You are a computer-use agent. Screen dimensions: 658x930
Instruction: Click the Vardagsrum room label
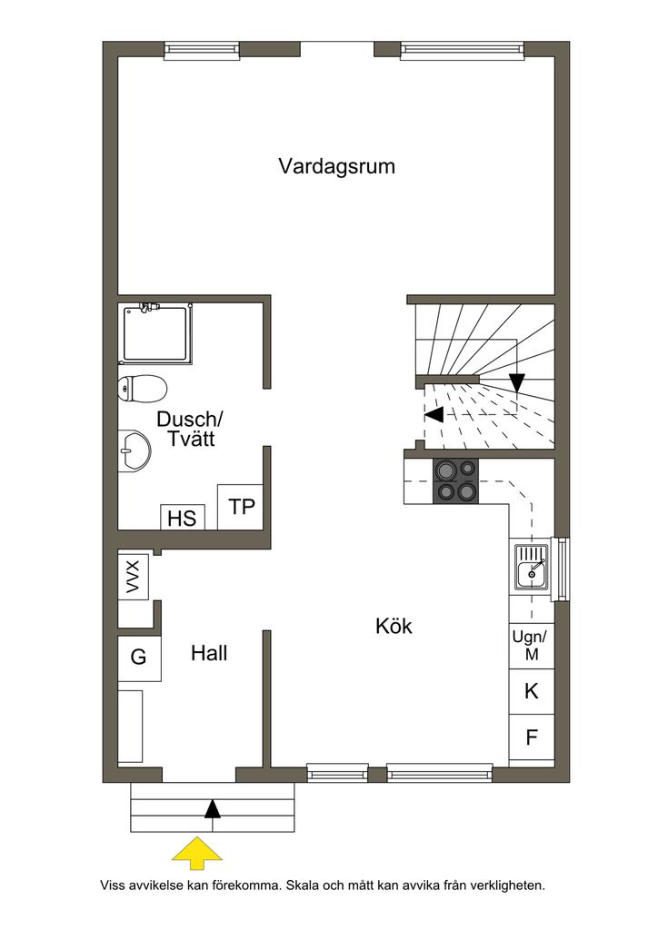point(337,167)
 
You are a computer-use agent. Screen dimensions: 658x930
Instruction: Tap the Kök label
point(394,626)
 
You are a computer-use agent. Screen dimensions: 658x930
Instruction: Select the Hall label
point(209,653)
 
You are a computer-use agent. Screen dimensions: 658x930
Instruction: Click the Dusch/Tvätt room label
point(189,429)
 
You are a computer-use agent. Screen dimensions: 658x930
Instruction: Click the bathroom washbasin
point(135,451)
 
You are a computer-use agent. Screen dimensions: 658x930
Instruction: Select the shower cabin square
point(156,333)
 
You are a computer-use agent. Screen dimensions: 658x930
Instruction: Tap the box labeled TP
point(240,507)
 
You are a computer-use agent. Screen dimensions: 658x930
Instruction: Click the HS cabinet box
point(182,518)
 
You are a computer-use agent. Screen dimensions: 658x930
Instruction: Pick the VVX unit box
point(133,576)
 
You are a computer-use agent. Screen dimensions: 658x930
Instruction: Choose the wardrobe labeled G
point(139,658)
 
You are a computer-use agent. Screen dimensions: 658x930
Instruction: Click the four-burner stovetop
point(455,481)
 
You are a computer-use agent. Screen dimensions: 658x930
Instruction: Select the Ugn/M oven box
point(532,646)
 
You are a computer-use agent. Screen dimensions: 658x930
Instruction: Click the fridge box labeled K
point(532,691)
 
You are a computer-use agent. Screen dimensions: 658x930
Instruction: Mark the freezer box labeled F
point(532,737)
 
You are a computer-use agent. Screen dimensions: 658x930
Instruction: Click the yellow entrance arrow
point(197,853)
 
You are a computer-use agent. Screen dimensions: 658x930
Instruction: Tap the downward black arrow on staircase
point(517,382)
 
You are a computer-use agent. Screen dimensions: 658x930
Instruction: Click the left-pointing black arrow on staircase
point(434,414)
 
